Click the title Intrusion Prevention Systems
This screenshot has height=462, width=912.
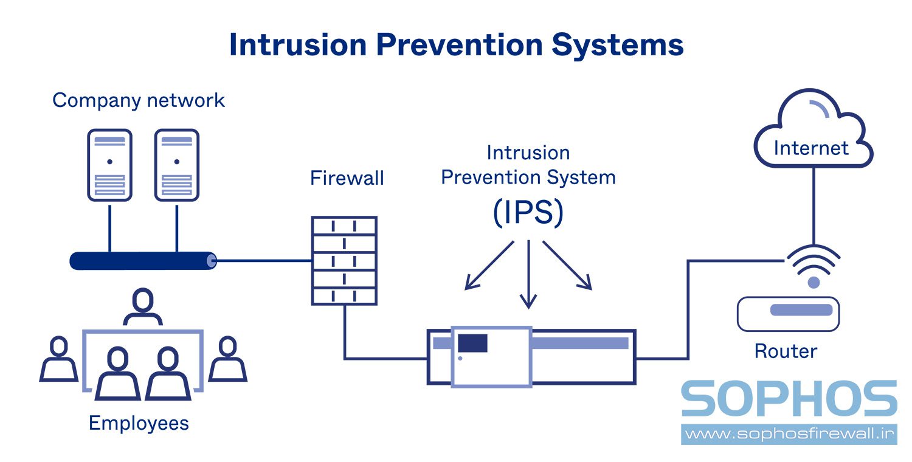456,45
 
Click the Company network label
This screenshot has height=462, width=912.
139,100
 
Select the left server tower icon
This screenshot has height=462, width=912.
109,165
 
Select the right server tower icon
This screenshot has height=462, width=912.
176,165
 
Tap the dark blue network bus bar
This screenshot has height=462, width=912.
143,261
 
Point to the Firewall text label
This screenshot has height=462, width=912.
347,178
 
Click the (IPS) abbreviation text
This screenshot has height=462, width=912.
528,213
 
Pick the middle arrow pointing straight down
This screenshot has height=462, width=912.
528,274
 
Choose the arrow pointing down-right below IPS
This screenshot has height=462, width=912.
567,265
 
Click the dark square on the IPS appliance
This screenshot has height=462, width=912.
472,343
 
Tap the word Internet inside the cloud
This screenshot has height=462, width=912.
811,148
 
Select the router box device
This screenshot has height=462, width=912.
788,313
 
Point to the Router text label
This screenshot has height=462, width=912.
786,351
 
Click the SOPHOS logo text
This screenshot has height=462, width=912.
789,399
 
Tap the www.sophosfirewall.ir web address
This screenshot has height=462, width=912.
789,434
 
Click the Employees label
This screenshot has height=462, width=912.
139,422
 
